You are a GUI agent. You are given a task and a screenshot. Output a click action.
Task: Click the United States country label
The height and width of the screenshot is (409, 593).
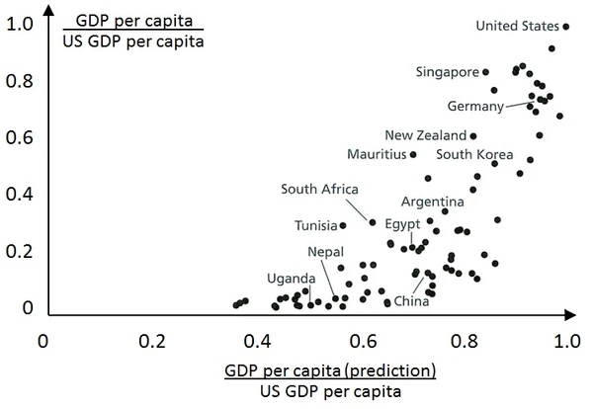[517, 26]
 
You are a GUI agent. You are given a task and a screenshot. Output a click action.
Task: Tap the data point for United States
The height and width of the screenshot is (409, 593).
[566, 27]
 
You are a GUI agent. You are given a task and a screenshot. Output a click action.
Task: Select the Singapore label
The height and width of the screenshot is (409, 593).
[447, 72]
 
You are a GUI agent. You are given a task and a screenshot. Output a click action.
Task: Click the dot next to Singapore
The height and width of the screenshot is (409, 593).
[485, 72]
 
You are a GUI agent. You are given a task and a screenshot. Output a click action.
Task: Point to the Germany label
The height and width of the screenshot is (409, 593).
[476, 106]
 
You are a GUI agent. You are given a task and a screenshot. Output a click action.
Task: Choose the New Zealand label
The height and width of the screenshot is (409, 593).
[425, 135]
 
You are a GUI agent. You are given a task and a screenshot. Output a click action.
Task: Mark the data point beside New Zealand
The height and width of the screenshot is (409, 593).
[473, 136]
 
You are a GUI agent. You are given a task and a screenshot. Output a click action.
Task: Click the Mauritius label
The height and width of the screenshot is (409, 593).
[377, 154]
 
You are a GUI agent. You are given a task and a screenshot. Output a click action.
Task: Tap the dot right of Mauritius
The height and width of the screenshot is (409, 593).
[413, 154]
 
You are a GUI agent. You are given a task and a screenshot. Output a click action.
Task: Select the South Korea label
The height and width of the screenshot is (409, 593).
[474, 154]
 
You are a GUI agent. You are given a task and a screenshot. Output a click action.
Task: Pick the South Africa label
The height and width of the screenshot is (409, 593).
[319, 190]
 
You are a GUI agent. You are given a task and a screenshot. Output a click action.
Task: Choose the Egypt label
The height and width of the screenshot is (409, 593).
[402, 223]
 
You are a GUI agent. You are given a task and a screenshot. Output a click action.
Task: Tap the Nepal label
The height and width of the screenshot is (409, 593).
[325, 252]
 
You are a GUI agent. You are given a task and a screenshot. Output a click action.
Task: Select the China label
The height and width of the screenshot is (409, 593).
[411, 300]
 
